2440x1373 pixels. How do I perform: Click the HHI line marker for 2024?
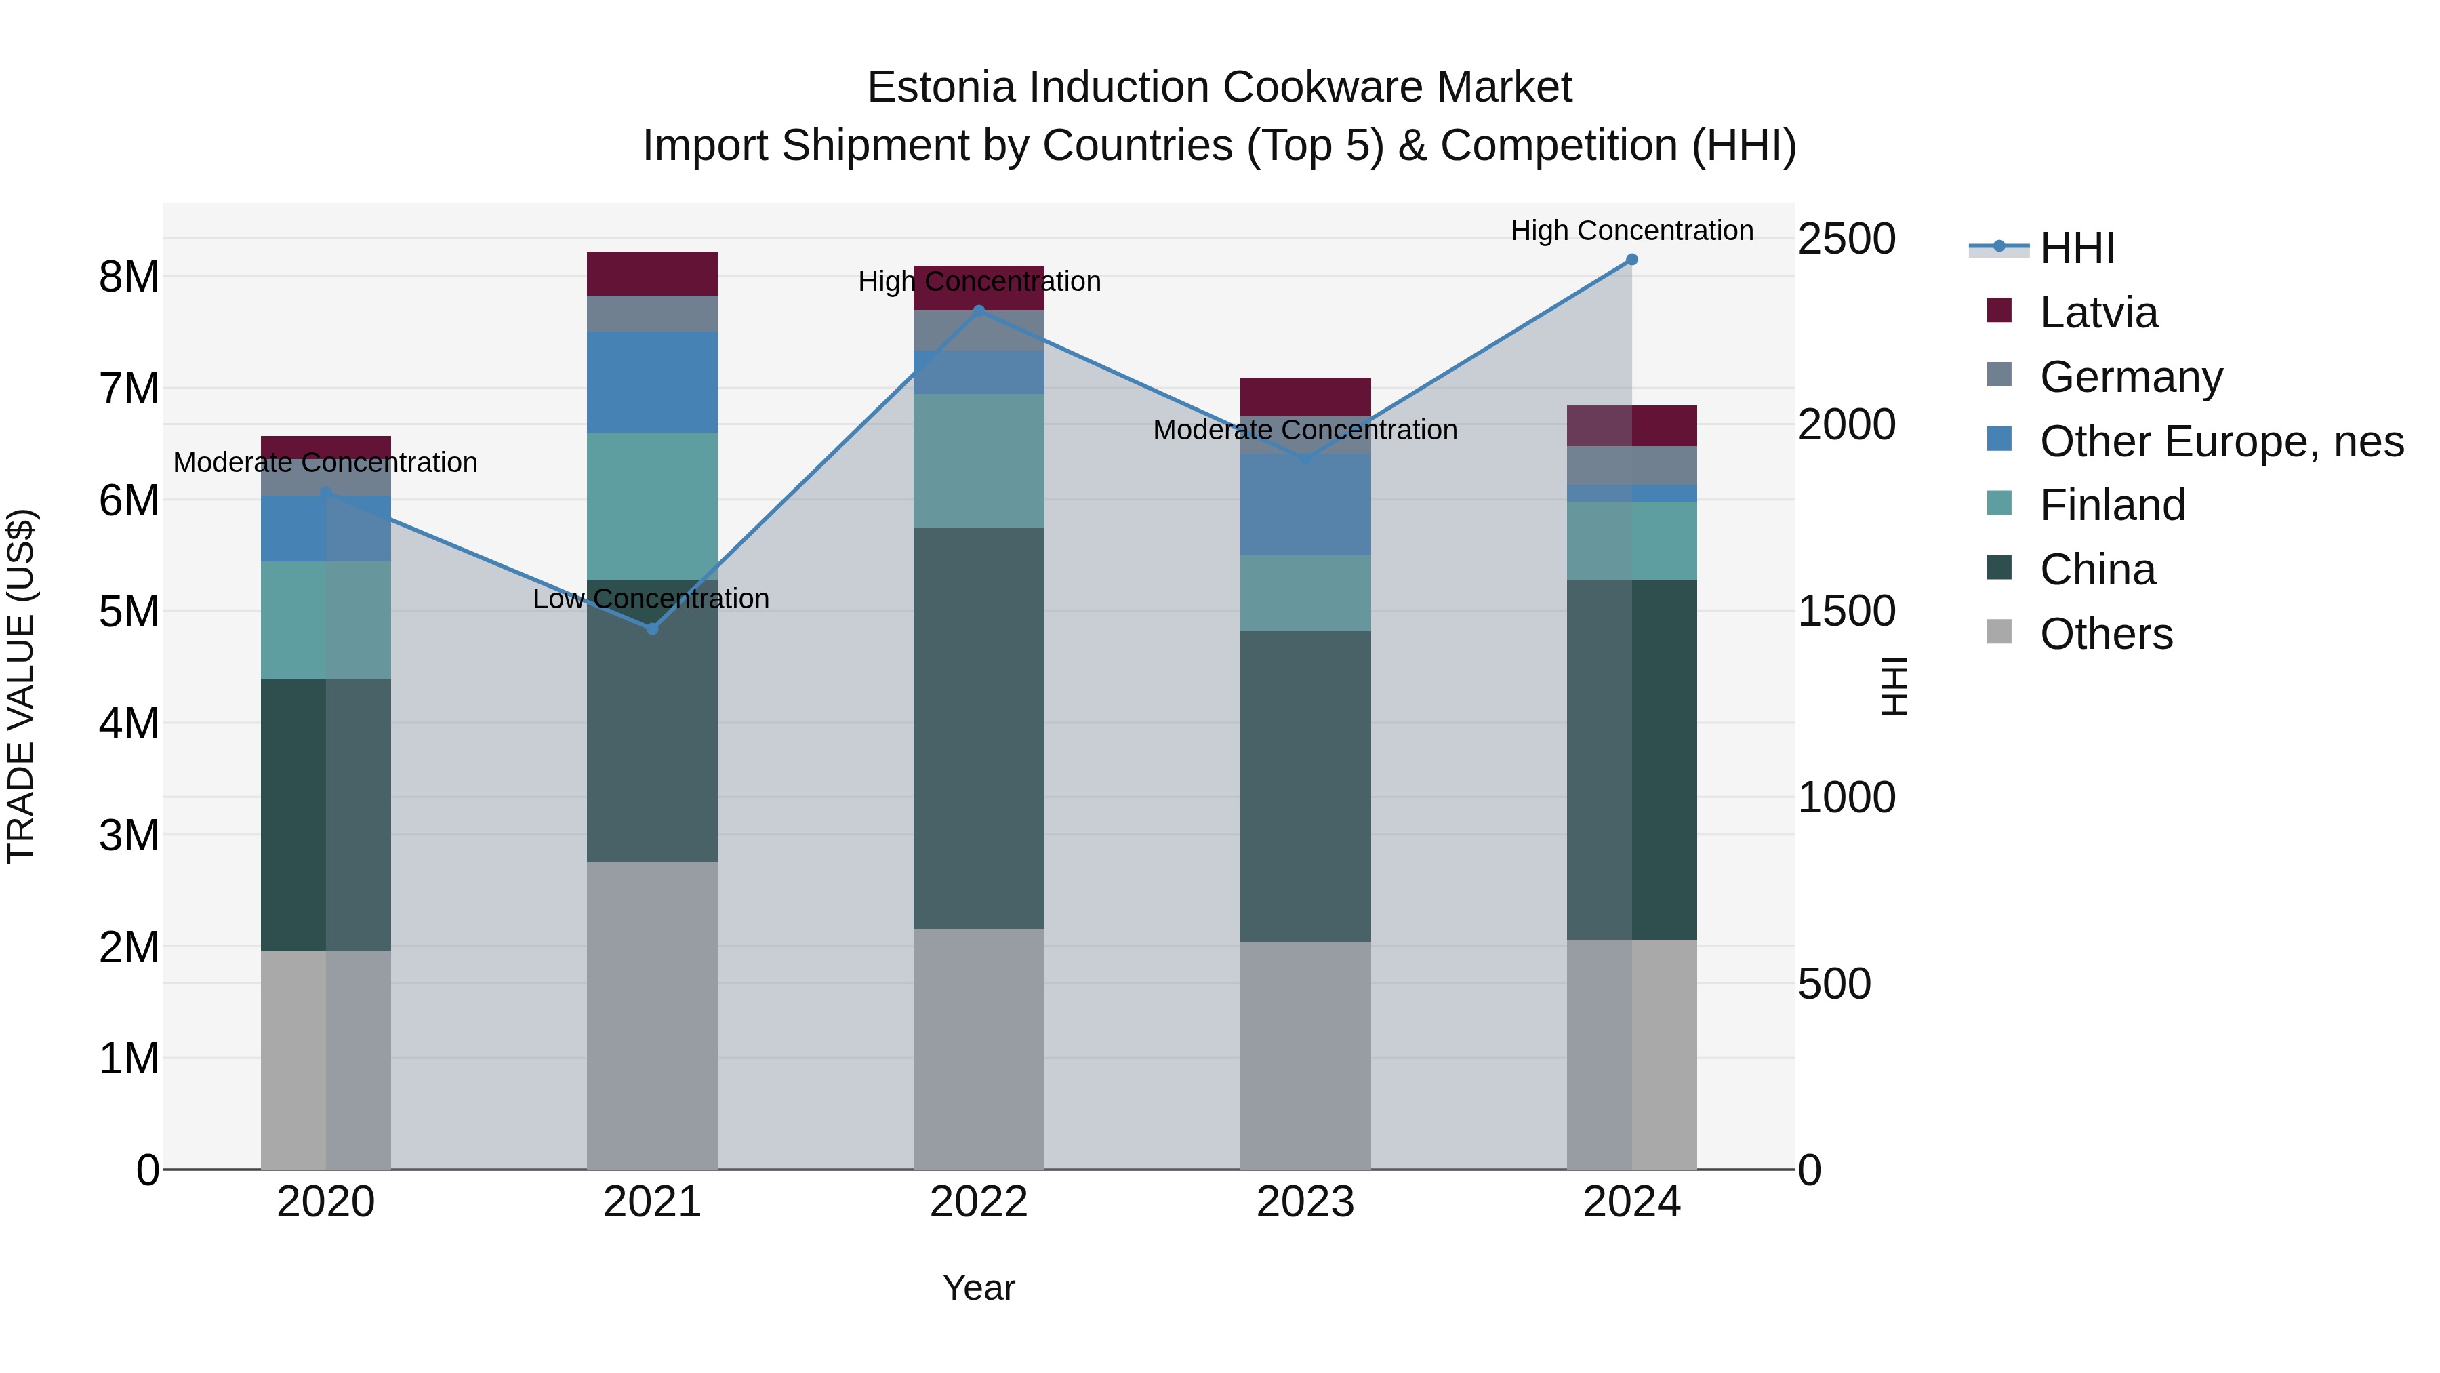1631,260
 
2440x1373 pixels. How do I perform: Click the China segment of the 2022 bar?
979,728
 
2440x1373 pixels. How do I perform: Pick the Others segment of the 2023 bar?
1305,1054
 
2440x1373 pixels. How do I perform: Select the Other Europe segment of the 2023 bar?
1305,504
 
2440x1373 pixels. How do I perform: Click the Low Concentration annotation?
651,599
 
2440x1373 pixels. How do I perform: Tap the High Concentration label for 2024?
1631,231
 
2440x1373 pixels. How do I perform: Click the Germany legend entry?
2130,377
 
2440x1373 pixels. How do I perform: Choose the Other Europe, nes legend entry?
2220,441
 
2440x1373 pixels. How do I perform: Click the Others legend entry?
2106,634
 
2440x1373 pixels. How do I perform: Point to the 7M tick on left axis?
129,389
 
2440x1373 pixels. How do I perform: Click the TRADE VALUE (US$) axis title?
21,686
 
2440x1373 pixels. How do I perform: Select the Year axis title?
979,1288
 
